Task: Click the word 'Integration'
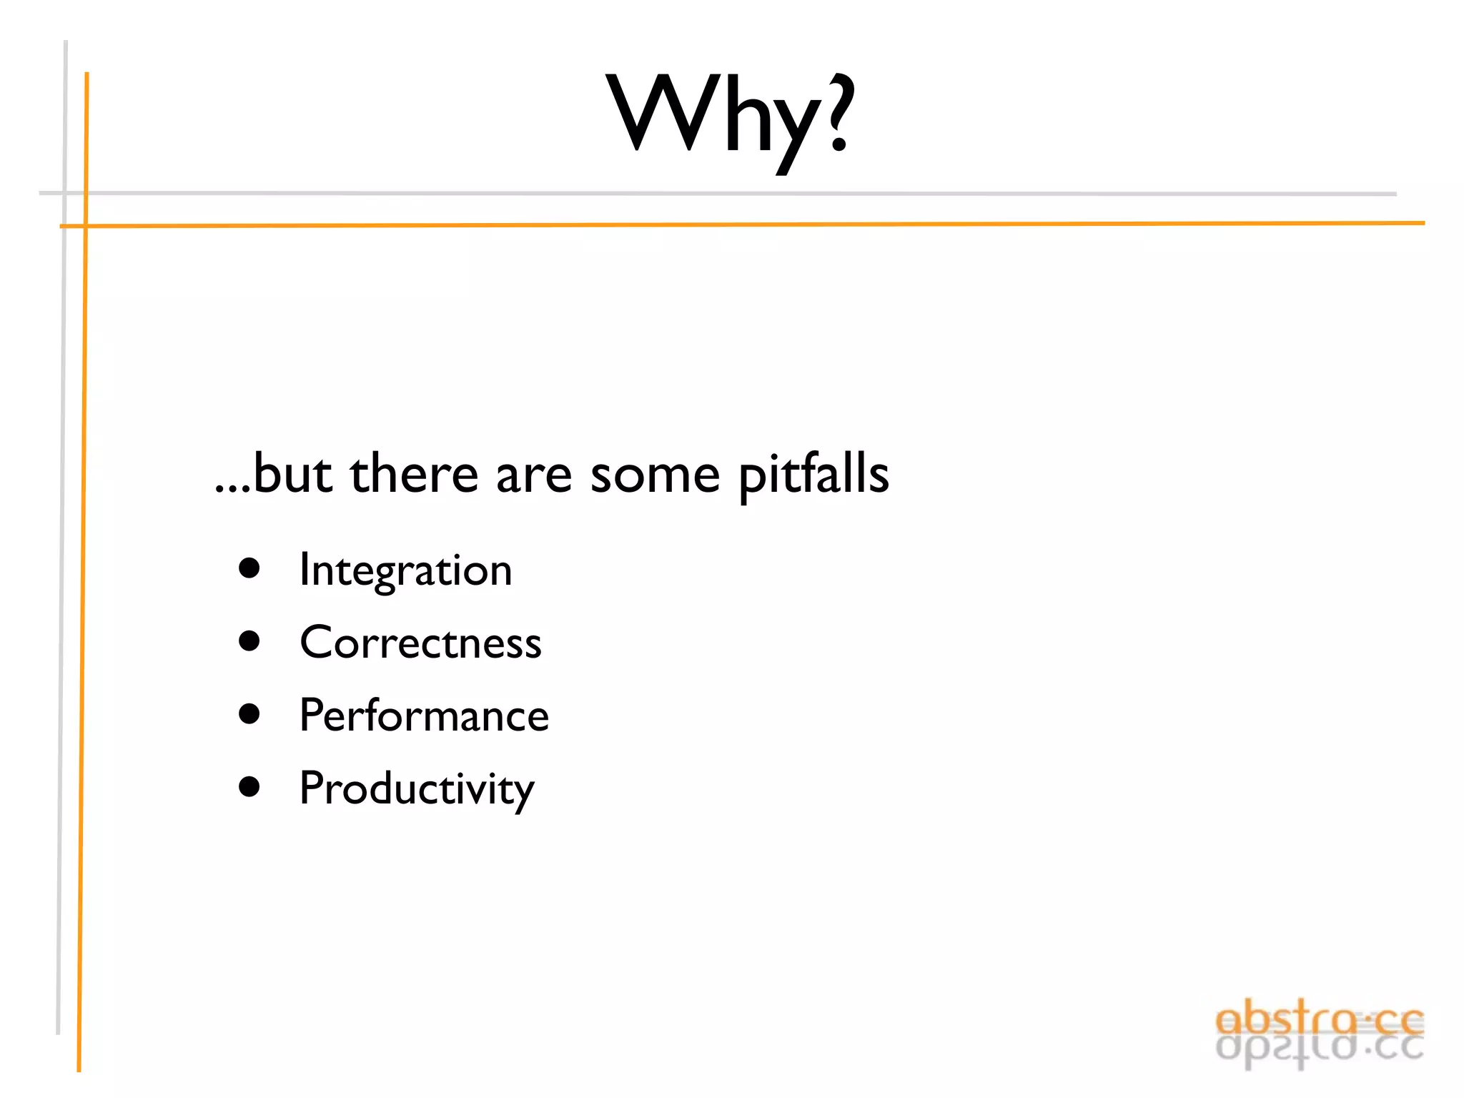405,570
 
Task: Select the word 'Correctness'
420,643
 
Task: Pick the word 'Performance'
424,716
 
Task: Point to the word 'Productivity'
417,789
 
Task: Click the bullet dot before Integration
249,569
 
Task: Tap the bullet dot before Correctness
249,641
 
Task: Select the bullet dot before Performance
249,714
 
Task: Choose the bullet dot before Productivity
249,787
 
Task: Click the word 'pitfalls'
813,475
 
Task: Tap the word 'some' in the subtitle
655,475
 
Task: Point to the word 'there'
414,475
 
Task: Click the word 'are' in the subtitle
534,475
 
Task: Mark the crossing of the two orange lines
85,226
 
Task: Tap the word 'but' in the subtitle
292,475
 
